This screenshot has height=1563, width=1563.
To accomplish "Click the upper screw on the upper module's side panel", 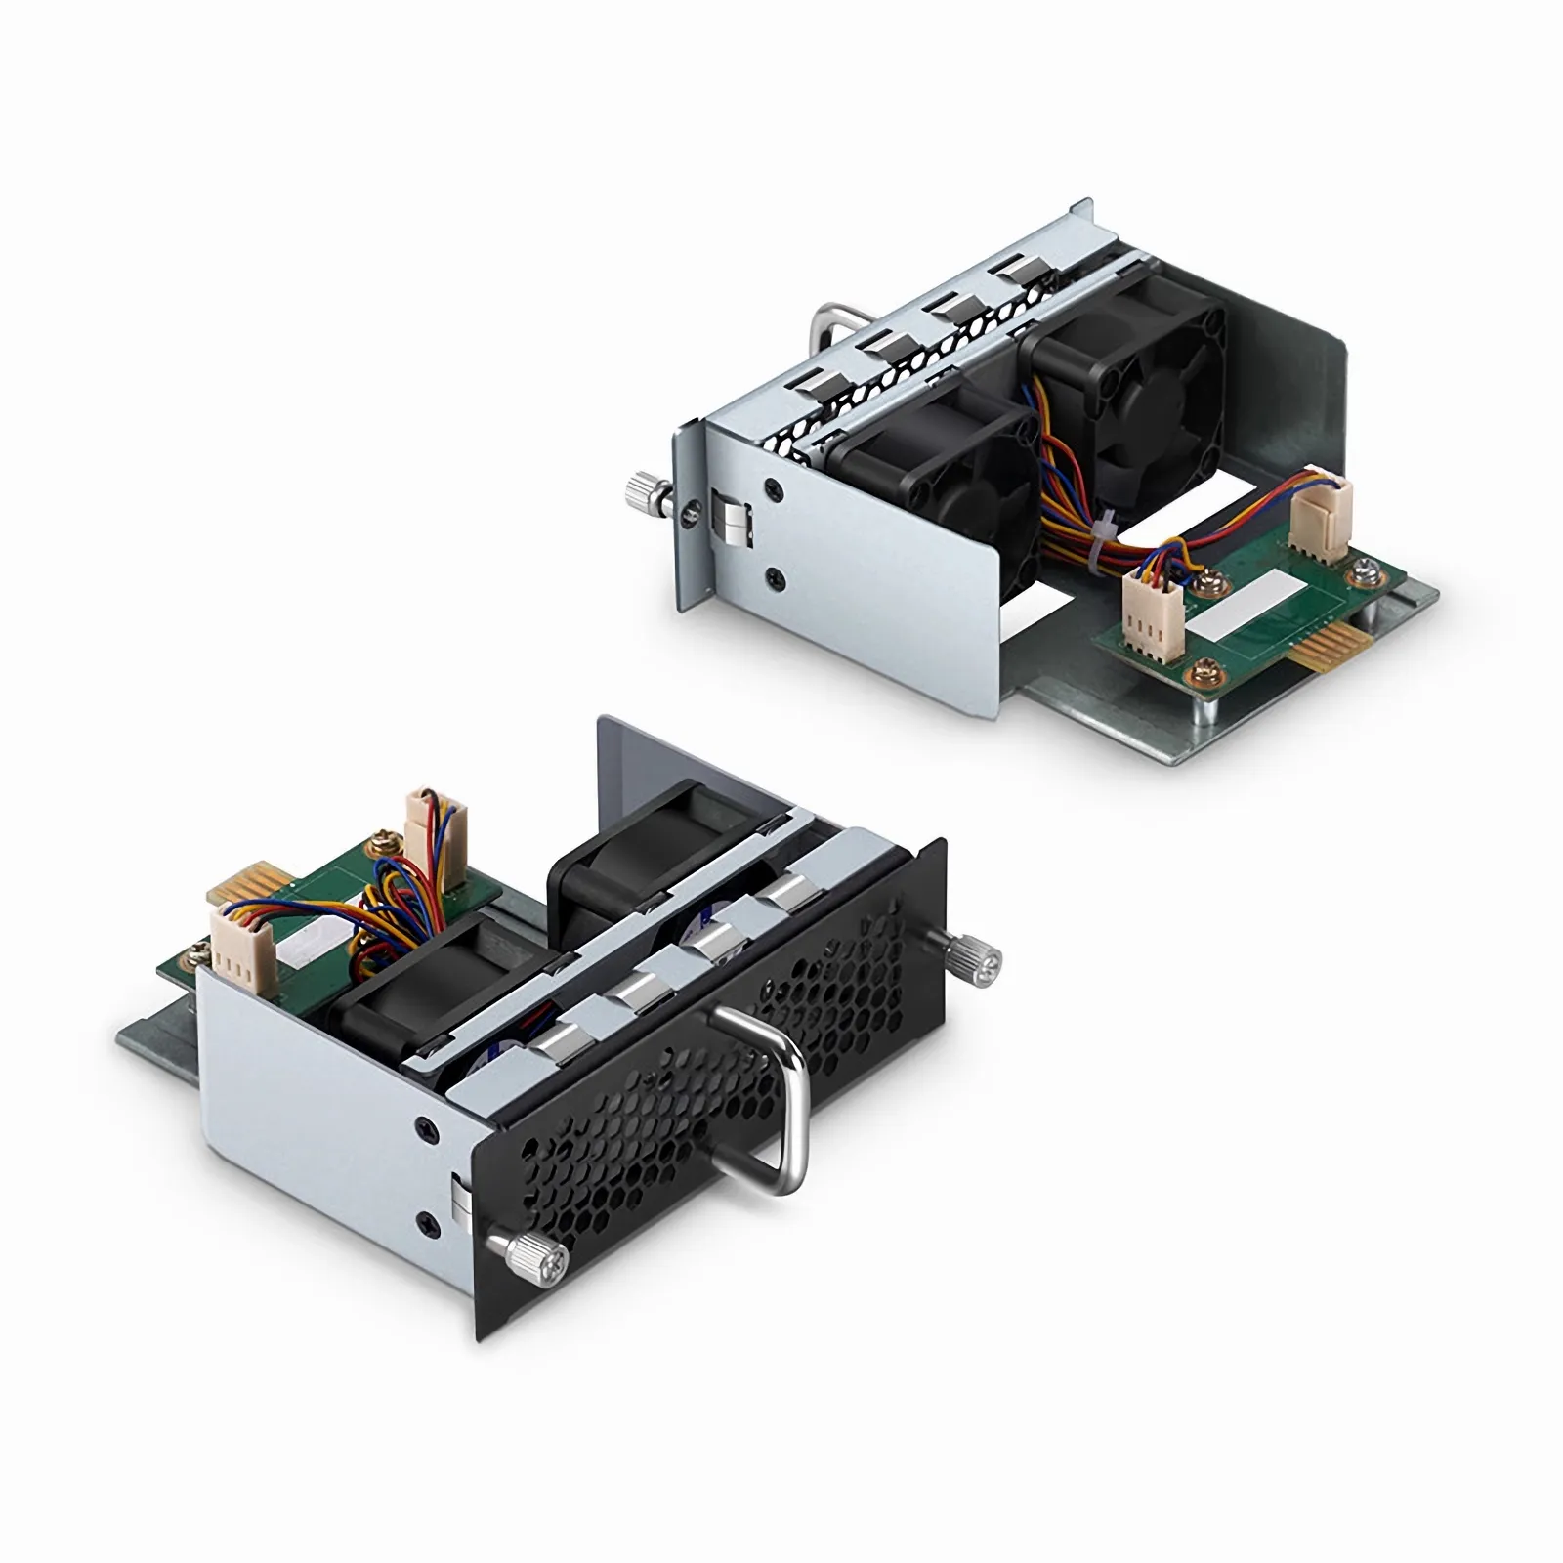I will coord(775,486).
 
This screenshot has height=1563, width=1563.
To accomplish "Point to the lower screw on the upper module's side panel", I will coord(776,575).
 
